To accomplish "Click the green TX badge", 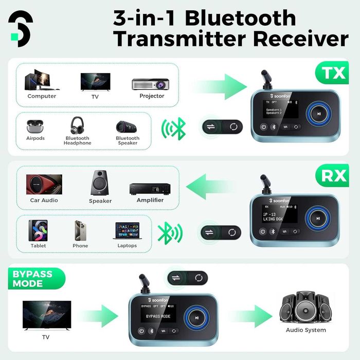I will [x=334, y=73].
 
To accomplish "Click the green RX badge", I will [x=334, y=176].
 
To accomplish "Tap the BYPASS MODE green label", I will [x=32, y=278].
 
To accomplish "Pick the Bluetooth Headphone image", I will [x=78, y=125].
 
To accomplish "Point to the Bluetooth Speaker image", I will [x=127, y=127].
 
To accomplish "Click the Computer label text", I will [x=42, y=96].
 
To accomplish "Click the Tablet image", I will [x=38, y=231].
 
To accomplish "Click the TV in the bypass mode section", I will [x=46, y=315].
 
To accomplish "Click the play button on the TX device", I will [x=319, y=114].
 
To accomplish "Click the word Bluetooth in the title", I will [x=240, y=18].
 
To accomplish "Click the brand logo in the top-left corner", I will [x=21, y=28].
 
